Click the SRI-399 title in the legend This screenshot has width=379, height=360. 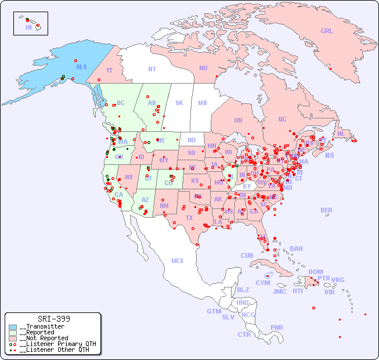53,319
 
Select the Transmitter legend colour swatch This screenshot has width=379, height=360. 13,327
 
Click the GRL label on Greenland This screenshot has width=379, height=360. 327,31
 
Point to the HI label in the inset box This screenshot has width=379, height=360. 28,27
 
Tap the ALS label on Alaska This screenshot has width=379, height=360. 81,67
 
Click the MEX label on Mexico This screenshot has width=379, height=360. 178,261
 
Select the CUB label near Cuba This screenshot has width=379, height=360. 247,255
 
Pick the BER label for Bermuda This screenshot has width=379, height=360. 326,210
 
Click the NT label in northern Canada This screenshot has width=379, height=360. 151,69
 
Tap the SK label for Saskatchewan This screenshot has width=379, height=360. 179,103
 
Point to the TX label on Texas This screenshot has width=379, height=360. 189,218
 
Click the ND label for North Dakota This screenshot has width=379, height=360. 192,140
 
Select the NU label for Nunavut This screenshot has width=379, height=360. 203,68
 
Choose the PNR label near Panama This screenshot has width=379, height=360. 277,327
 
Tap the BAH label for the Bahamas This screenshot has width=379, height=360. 296,249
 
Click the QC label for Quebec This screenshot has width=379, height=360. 282,119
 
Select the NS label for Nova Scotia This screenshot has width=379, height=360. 329,156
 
